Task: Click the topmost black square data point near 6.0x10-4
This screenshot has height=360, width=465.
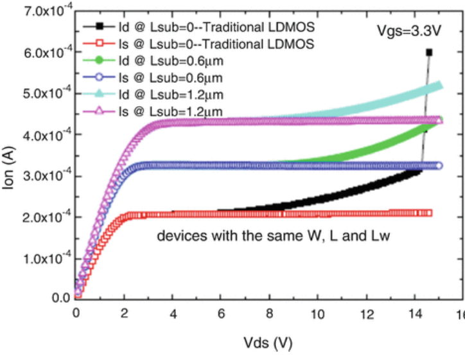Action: [x=428, y=53]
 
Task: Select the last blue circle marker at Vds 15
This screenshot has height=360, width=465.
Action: [x=439, y=166]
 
